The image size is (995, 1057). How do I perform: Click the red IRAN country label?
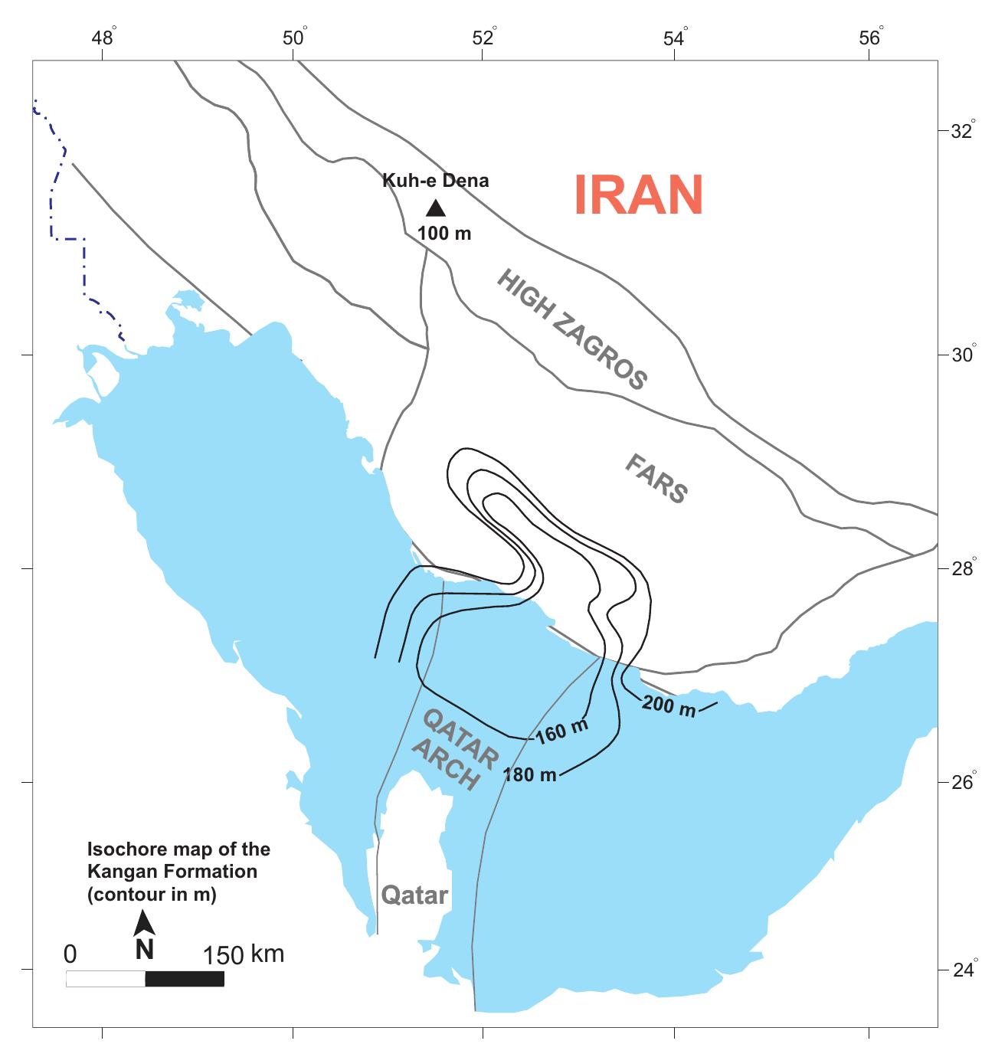(638, 195)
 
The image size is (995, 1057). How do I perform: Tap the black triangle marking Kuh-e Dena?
(435, 208)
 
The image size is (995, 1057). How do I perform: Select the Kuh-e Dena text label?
(435, 182)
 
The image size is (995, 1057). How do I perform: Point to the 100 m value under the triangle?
(444, 233)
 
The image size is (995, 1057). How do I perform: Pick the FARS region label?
(656, 478)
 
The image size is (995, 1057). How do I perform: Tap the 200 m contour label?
(669, 706)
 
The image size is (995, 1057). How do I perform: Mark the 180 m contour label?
(529, 774)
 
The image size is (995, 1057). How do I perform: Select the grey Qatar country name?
(414, 895)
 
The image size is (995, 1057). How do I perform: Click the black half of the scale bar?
(185, 979)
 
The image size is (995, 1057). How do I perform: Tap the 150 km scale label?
(243, 954)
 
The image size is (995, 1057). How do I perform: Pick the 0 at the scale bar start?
(70, 954)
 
